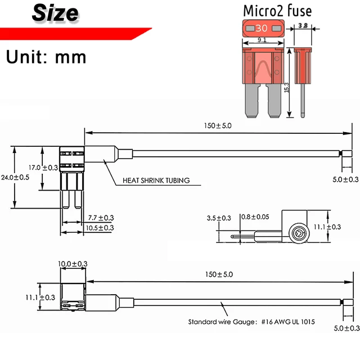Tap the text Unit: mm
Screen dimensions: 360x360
pos(46,56)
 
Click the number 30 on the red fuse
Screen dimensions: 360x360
pos(262,28)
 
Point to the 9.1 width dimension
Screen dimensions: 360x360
pos(262,40)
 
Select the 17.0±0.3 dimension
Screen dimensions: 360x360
pos(43,168)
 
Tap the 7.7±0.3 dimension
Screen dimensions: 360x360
pos(101,218)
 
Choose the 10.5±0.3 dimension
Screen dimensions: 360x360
pos(101,227)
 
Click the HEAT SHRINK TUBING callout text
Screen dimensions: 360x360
pos(156,181)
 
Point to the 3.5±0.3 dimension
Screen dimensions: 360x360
pos(219,218)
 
